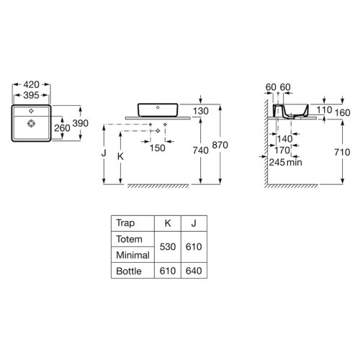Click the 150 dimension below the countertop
tap(158, 148)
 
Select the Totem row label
tap(130, 238)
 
